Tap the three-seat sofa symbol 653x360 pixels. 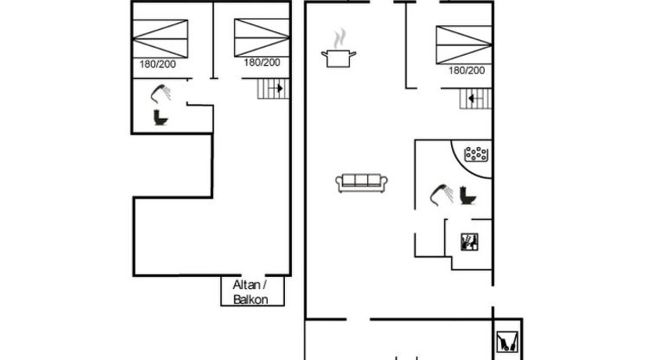point(362,183)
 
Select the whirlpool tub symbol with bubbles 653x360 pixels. point(476,154)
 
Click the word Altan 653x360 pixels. point(247,285)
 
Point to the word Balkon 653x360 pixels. point(251,300)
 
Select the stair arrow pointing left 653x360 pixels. point(471,99)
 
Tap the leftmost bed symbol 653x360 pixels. point(161,38)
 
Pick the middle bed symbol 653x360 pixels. point(262,38)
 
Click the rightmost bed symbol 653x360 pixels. point(464,45)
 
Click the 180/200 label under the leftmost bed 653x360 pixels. point(157,64)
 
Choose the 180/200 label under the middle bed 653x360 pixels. point(262,63)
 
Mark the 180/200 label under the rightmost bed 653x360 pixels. point(467,70)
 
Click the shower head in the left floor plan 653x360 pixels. point(161,94)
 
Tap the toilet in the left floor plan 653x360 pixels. point(161,117)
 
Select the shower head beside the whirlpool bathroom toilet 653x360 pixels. point(441,195)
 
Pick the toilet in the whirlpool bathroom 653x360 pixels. point(468,196)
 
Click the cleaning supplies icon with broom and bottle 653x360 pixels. point(469,242)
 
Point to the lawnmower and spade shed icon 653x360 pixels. point(507,341)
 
